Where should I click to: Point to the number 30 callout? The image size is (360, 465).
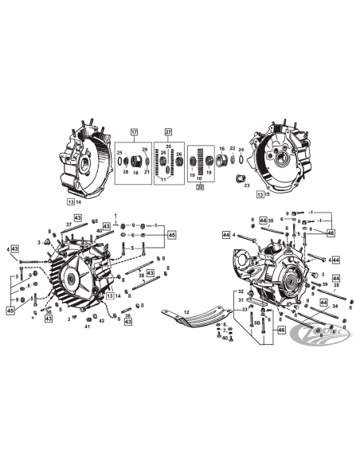tap(168, 146)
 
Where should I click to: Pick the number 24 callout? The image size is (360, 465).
tap(241, 149)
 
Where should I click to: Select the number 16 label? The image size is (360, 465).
tap(222, 148)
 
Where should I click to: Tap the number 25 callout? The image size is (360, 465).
tap(119, 152)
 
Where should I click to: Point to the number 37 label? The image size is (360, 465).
tap(69, 225)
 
